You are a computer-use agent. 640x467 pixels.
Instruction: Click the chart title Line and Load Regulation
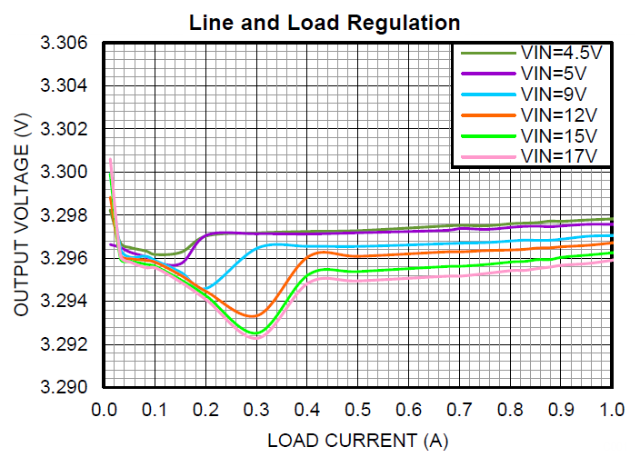tap(325, 23)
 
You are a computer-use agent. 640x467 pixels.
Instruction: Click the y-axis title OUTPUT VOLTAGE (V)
tap(23, 216)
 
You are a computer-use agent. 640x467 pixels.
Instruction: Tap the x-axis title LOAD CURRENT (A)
tap(357, 441)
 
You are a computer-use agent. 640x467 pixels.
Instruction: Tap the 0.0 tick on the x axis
tap(105, 411)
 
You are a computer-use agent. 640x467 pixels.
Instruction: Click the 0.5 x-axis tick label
tap(358, 411)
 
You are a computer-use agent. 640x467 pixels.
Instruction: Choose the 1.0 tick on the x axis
tap(612, 411)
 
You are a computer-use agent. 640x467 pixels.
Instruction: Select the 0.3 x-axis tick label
tap(256, 411)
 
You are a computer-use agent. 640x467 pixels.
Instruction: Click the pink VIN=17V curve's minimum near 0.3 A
tap(255, 337)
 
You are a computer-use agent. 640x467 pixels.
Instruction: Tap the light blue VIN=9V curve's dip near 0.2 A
tap(207, 288)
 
